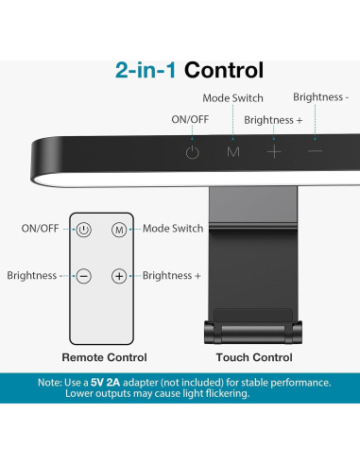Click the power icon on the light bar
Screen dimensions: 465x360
click(x=193, y=151)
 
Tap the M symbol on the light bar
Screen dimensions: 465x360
click(x=232, y=151)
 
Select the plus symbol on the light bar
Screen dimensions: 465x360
click(x=274, y=151)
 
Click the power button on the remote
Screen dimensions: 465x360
click(x=84, y=229)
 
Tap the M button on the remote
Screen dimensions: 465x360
click(x=119, y=229)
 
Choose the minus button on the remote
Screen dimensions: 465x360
click(x=84, y=276)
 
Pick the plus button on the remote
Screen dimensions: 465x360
click(x=119, y=276)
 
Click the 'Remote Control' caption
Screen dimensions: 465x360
click(x=104, y=357)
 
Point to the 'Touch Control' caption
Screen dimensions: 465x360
click(x=254, y=357)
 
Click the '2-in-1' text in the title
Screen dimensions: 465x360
click(x=146, y=70)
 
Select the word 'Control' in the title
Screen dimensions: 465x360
click(x=224, y=70)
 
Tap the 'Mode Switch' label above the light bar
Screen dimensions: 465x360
click(x=233, y=98)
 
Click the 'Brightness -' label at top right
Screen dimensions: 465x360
click(x=320, y=96)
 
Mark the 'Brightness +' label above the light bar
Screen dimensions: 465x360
click(x=274, y=120)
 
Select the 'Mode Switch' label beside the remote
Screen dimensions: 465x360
click(x=173, y=229)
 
